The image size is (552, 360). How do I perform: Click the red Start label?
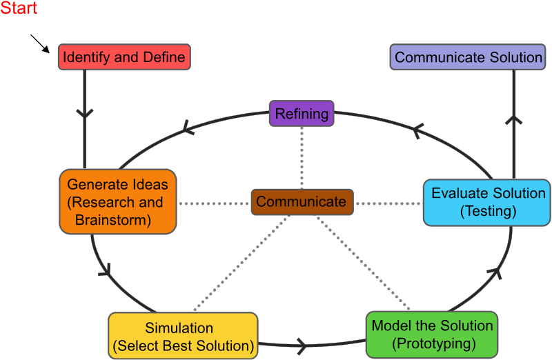pyautogui.click(x=19, y=9)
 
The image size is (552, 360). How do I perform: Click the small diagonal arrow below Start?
pyautogui.click(x=41, y=45)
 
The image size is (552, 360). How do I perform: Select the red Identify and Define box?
pyautogui.click(x=124, y=57)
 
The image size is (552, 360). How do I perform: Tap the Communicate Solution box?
pyautogui.click(x=469, y=57)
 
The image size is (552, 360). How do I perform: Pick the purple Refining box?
pyautogui.click(x=302, y=114)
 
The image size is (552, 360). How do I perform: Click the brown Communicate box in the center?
pyautogui.click(x=302, y=202)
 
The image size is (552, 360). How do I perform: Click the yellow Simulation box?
pyautogui.click(x=183, y=336)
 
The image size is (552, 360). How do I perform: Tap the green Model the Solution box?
pyautogui.click(x=432, y=334)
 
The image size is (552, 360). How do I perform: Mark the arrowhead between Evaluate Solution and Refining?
pyautogui.click(x=417, y=128)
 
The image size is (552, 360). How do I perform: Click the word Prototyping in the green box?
pyautogui.click(x=432, y=343)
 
